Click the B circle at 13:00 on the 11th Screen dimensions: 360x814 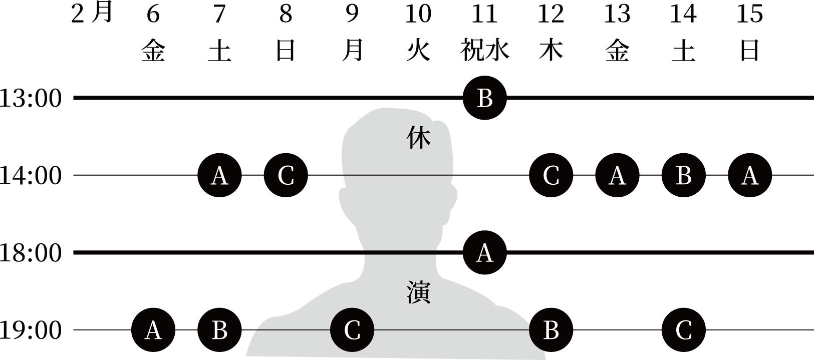pos(484,98)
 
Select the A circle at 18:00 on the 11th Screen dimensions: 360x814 pos(484,253)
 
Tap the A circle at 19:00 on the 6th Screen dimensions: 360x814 pos(153,330)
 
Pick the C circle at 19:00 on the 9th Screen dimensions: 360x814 pos(352,330)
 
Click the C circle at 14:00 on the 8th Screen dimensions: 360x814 pos(286,176)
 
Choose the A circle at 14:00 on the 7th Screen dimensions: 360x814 pos(219,176)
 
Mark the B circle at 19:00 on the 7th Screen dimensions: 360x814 pos(219,330)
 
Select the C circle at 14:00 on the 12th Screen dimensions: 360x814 pos(551,176)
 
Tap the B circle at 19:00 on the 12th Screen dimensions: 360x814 pos(551,330)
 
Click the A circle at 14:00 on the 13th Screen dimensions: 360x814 pos(617,176)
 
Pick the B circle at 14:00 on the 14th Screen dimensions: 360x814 pos(683,176)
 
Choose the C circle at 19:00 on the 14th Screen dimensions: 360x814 pos(683,330)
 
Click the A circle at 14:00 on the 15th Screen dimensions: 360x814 pos(750,176)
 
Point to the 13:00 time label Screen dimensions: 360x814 pos(31,99)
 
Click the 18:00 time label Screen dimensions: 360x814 pos(31,253)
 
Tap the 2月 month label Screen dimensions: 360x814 pos(92,14)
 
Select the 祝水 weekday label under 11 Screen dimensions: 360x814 pos(484,51)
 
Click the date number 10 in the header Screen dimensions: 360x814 pos(418,14)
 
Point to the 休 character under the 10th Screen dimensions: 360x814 pos(418,139)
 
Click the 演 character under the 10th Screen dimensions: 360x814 pos(418,293)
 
